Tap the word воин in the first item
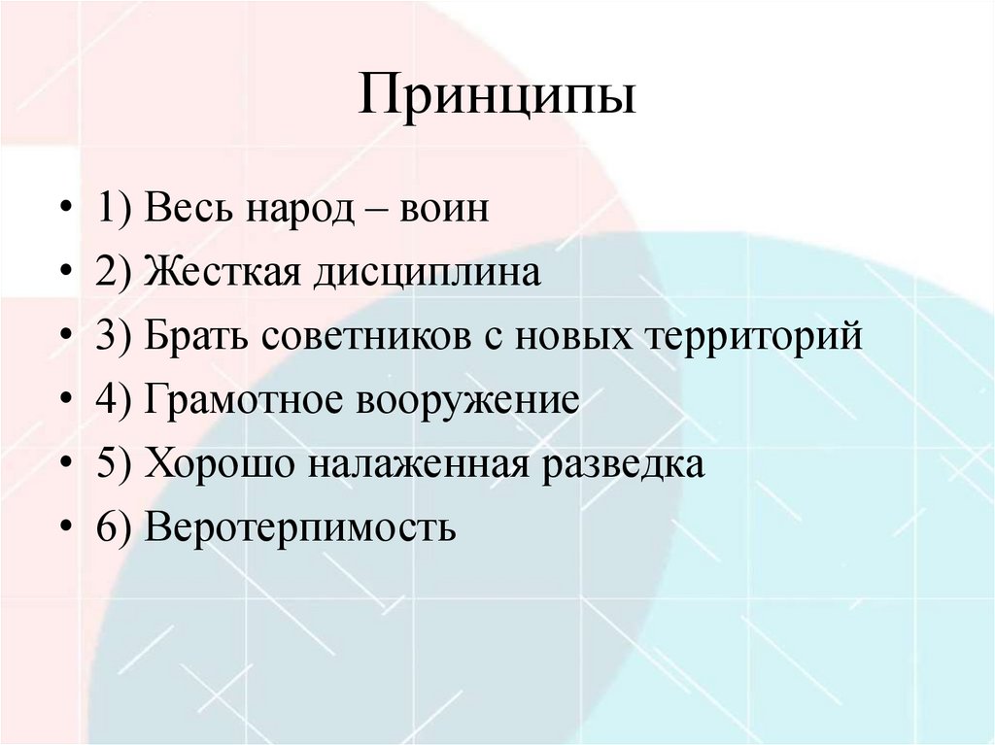[x=442, y=210]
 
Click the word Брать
[x=197, y=338]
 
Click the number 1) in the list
[x=115, y=210]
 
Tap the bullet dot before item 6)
[x=65, y=528]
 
